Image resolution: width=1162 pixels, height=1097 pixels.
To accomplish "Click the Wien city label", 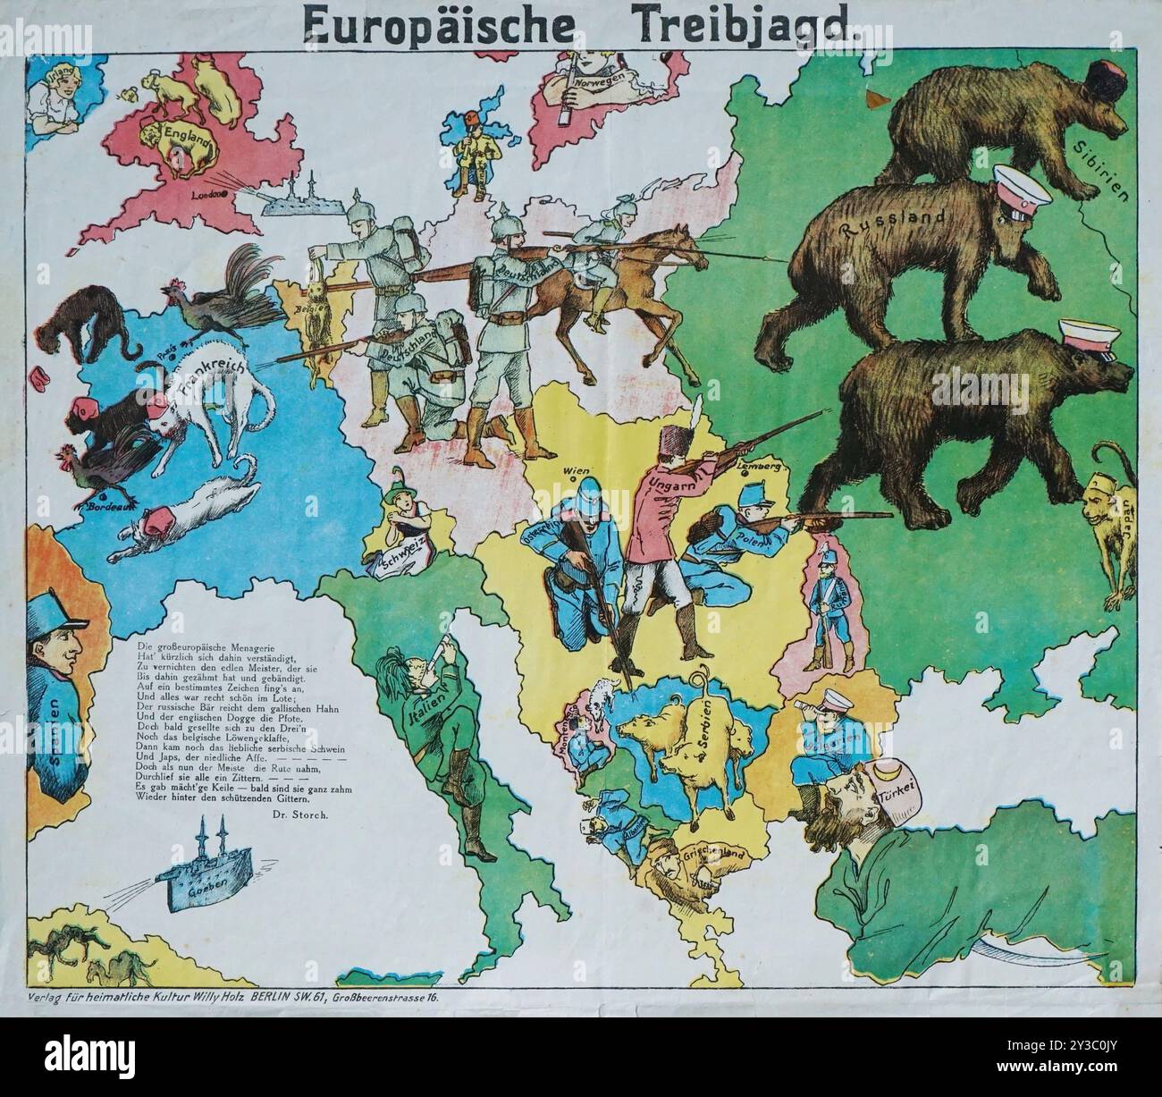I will (x=573, y=470).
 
